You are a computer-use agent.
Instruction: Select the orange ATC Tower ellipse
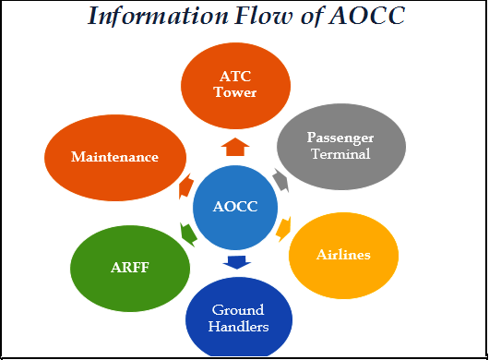(235, 85)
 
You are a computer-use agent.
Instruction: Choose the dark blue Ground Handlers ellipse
(238, 317)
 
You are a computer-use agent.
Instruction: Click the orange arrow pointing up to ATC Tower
(236, 146)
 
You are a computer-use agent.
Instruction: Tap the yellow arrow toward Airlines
(282, 229)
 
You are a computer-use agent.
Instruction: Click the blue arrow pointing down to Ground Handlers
(237, 262)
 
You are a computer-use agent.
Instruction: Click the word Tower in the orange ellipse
(235, 92)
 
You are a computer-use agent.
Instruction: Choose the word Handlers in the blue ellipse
(238, 326)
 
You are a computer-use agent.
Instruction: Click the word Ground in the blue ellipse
(238, 309)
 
